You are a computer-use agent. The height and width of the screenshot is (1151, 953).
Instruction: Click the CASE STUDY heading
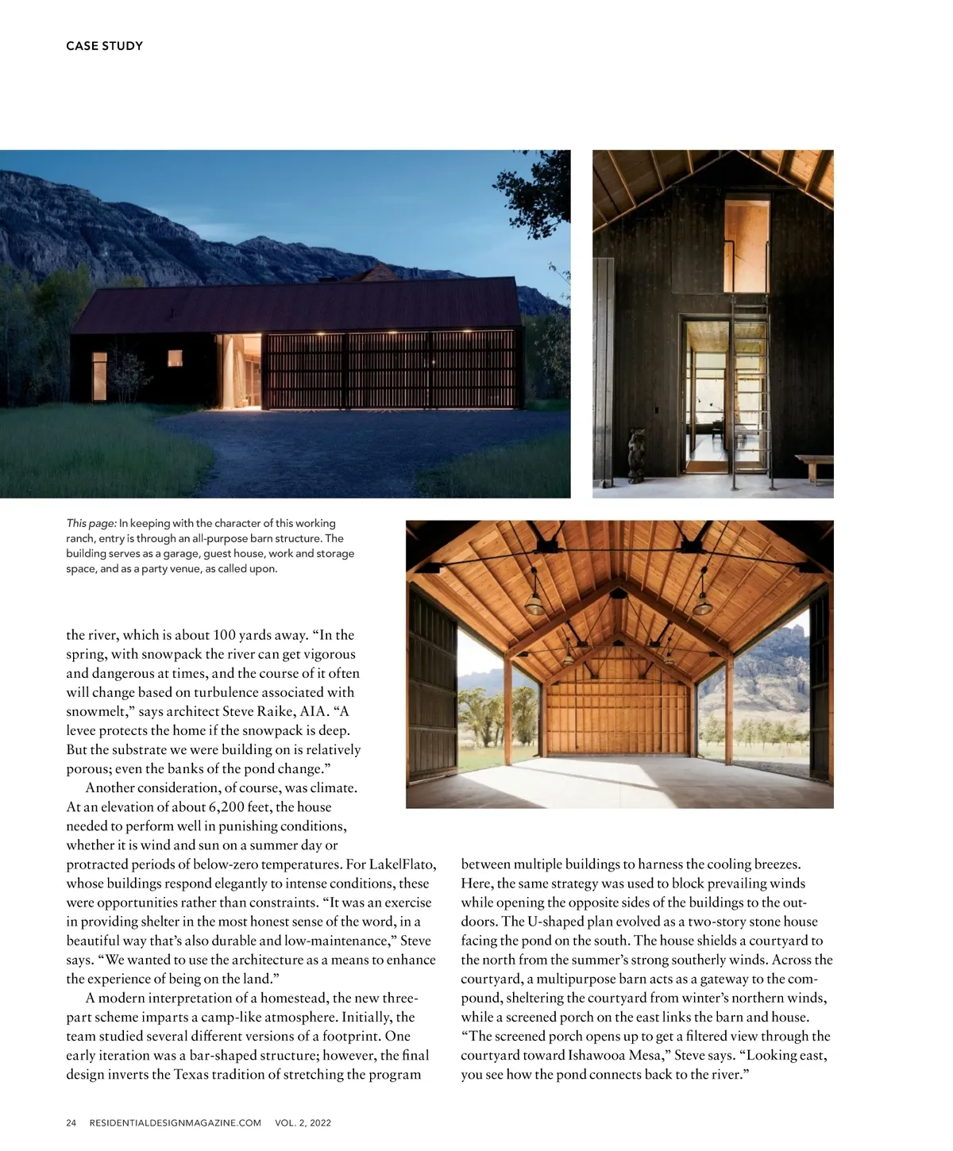coord(104,46)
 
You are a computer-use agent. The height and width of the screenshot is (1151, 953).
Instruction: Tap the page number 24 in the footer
coord(71,1122)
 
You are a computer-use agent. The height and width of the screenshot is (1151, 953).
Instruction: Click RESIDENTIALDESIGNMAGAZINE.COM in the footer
coord(176,1122)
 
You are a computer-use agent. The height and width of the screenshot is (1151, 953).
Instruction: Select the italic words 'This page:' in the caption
coord(91,523)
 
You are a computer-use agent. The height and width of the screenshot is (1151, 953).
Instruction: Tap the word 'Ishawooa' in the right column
coord(603,1055)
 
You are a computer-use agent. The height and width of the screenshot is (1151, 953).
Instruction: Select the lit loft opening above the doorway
coord(747,246)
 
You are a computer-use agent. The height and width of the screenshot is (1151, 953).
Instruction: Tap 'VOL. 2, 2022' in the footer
coord(303,1122)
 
